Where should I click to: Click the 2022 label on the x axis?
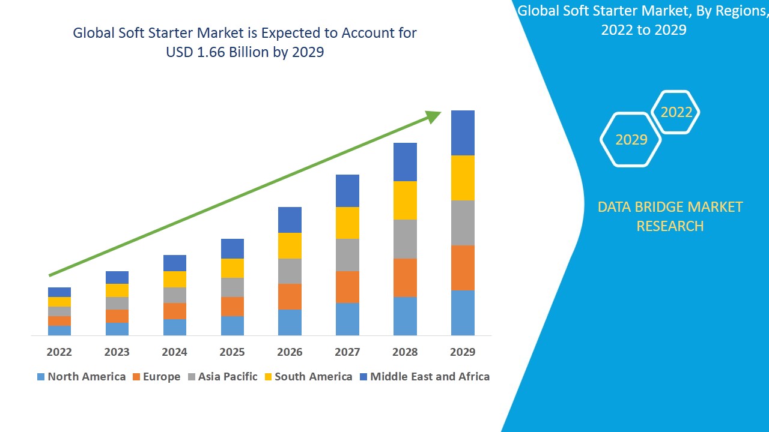(59, 352)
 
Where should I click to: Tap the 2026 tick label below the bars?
(290, 352)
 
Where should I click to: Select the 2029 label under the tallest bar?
(463, 352)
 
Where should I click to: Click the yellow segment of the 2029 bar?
(463, 178)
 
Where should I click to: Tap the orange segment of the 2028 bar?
(405, 277)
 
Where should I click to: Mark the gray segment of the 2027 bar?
(347, 255)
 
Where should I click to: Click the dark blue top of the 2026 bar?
(290, 220)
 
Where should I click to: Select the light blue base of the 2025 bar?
(232, 325)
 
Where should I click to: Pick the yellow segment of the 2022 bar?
(59, 302)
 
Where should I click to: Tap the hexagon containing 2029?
(631, 140)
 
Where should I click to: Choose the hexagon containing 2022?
(676, 112)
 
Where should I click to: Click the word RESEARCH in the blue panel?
(670, 226)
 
